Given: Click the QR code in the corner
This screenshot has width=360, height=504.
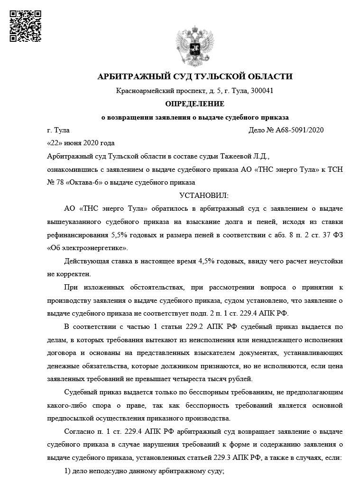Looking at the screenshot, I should click(x=26, y=26).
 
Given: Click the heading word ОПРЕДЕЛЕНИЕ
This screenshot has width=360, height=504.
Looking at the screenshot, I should click(x=194, y=103).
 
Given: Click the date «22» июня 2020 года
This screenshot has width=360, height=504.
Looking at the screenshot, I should click(x=81, y=143).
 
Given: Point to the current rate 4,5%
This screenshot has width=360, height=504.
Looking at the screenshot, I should click(x=203, y=261).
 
